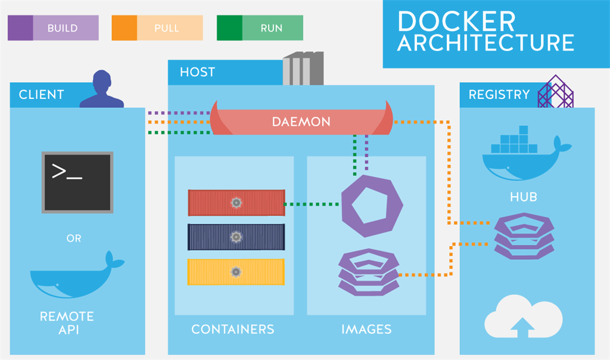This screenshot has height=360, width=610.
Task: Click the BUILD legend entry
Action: tap(53, 28)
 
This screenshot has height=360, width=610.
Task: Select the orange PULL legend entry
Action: tap(157, 28)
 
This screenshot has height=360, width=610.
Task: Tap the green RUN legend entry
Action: tap(260, 28)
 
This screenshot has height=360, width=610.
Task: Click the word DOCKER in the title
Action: tap(456, 21)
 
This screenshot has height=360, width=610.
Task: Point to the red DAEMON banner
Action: tap(301, 122)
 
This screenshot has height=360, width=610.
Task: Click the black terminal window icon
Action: tap(77, 182)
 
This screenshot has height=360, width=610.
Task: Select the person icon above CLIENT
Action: tap(102, 90)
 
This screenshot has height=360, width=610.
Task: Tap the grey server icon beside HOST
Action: tap(303, 69)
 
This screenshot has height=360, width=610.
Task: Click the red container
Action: tap(236, 203)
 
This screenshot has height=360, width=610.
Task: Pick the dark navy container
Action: tap(236, 237)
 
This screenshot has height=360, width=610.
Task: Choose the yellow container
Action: tap(236, 271)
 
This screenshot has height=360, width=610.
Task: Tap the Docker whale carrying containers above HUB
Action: tap(525, 154)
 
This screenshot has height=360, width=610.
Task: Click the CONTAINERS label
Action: tap(232, 329)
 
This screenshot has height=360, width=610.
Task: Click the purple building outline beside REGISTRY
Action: tap(555, 92)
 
